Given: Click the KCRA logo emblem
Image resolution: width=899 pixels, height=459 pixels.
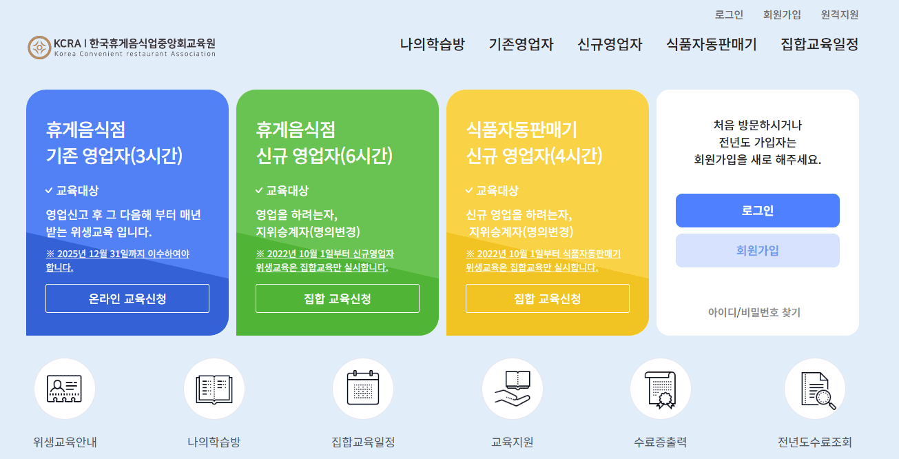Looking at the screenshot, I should (x=39, y=48).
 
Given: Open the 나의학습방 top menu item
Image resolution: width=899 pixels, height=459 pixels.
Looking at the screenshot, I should (x=432, y=45).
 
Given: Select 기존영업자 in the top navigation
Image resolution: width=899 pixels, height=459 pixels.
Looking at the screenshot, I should (x=521, y=45).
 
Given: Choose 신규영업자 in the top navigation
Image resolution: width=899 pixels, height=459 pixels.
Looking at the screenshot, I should (x=610, y=45).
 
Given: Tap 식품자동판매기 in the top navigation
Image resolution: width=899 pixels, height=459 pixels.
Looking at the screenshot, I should (x=711, y=45).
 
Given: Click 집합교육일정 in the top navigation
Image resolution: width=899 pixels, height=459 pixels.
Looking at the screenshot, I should (x=819, y=45).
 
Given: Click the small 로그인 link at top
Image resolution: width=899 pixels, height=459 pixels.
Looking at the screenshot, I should (x=729, y=14).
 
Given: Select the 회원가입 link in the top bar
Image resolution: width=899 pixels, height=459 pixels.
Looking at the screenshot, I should (x=782, y=14).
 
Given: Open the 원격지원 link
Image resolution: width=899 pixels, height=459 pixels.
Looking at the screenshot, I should (x=839, y=14).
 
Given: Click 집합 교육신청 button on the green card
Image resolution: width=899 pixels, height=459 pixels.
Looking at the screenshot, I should (x=338, y=298).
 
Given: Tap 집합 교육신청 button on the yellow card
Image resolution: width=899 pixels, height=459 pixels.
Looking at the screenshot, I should (x=548, y=298).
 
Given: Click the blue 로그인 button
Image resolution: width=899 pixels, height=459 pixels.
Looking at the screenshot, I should (x=757, y=210).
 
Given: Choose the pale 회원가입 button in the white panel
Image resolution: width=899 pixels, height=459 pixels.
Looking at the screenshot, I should (x=757, y=250).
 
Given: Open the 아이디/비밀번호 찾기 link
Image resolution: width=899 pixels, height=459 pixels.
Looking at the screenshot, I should (x=754, y=312).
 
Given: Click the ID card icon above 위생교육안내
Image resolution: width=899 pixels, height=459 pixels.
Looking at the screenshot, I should (x=64, y=389).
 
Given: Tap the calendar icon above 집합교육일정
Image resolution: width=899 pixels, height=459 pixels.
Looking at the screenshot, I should (x=362, y=389).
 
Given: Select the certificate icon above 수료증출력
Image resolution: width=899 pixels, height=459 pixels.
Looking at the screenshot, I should (x=661, y=389).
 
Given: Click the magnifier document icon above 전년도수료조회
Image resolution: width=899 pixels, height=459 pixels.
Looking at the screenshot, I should (x=814, y=389).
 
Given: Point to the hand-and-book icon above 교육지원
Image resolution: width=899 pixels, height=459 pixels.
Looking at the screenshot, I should (x=512, y=389).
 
